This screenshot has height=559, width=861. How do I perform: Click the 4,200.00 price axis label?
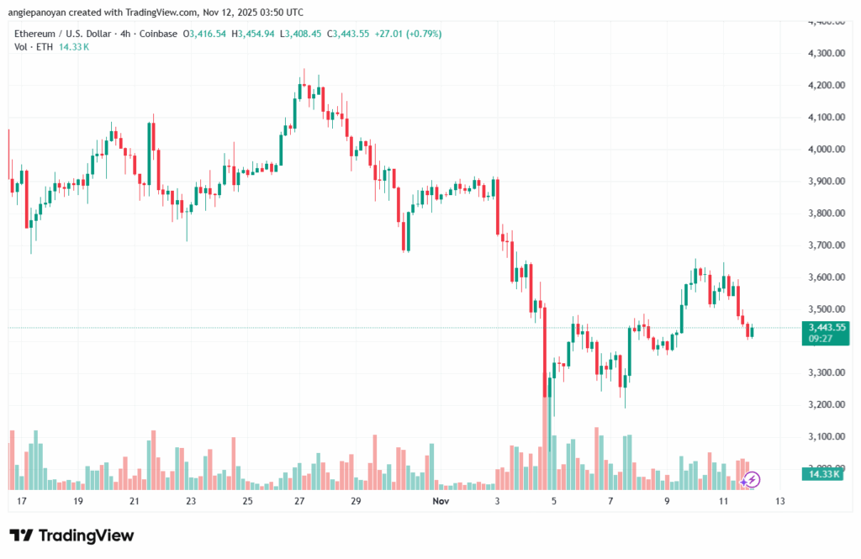point(825,86)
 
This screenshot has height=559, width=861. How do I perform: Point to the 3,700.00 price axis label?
point(825,245)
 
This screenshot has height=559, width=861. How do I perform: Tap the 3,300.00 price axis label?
point(825,373)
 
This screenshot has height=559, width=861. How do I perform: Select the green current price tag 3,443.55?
point(825,327)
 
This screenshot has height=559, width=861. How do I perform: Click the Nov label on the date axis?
point(441,502)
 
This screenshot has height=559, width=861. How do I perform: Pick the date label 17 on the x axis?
point(21,502)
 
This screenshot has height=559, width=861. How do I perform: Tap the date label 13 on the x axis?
point(780,502)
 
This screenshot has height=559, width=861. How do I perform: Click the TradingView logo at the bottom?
point(71,535)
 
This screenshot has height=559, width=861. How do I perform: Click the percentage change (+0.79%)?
point(424,34)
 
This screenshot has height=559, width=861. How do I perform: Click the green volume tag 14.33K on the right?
point(825,475)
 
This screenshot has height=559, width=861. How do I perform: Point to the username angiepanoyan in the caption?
point(40,12)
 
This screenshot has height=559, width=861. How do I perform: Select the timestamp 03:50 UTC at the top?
point(278,12)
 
